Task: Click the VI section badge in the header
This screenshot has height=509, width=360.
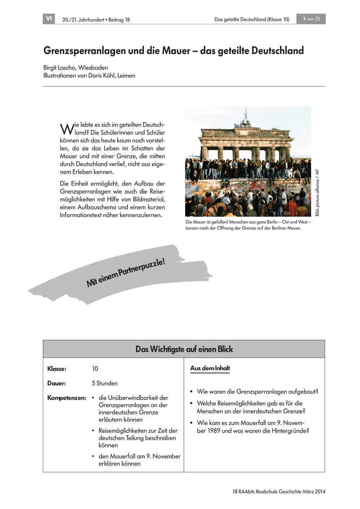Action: point(49,19)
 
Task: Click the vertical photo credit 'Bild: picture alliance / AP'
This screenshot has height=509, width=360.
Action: point(317,191)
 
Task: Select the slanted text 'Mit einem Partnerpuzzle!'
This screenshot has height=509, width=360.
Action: point(126,273)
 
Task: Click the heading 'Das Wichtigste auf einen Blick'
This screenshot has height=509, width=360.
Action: point(184,349)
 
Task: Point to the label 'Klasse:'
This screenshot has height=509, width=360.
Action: point(57,369)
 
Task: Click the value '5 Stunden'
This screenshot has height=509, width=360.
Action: point(104,383)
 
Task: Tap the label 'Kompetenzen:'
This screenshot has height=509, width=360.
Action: point(67,398)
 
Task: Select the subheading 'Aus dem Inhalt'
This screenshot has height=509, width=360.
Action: point(210,368)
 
